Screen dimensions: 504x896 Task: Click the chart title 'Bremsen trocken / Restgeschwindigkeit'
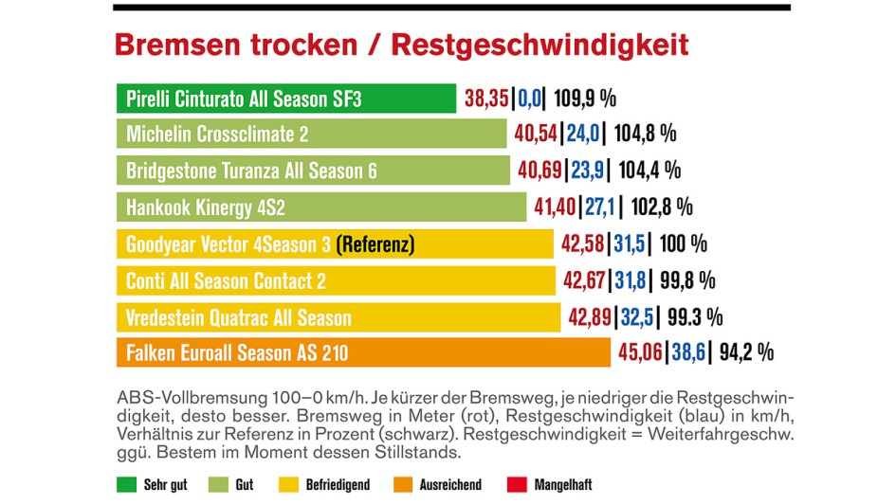coord(401,45)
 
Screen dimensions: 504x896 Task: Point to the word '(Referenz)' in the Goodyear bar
coord(375,244)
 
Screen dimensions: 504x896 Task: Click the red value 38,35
coord(486,99)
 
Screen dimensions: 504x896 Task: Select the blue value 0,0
coord(528,99)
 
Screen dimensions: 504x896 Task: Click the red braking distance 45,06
coord(641,353)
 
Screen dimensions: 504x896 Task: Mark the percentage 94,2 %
coord(746,353)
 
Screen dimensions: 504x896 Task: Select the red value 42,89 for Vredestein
coord(590,317)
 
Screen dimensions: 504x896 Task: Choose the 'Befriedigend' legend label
coord(338,484)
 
